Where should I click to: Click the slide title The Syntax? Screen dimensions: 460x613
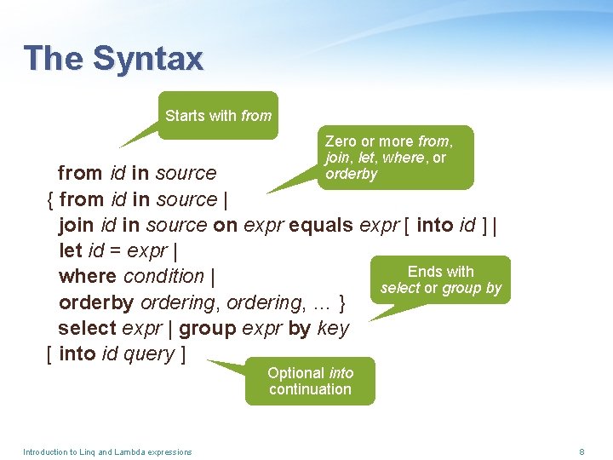pyautogui.click(x=113, y=58)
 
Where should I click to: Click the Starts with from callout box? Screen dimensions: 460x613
pyautogui.click(x=219, y=116)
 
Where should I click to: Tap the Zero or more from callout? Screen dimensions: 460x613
pyautogui.click(x=397, y=158)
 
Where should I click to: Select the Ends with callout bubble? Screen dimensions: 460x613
pyautogui.click(x=440, y=280)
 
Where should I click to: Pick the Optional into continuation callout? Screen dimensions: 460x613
pyautogui.click(x=310, y=381)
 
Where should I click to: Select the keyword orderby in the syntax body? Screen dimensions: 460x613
pyautogui.click(x=96, y=302)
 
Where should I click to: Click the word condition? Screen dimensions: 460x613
pyautogui.click(x=163, y=276)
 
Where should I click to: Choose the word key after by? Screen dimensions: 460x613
pyautogui.click(x=333, y=329)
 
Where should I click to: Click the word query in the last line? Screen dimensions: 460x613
pyautogui.click(x=149, y=354)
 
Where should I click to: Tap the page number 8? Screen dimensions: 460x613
pyautogui.click(x=581, y=451)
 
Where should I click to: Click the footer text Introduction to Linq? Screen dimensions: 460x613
pyautogui.click(x=107, y=451)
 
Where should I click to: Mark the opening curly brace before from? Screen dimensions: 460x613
pyautogui.click(x=49, y=199)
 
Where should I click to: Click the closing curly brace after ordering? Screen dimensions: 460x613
pyautogui.click(x=341, y=302)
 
